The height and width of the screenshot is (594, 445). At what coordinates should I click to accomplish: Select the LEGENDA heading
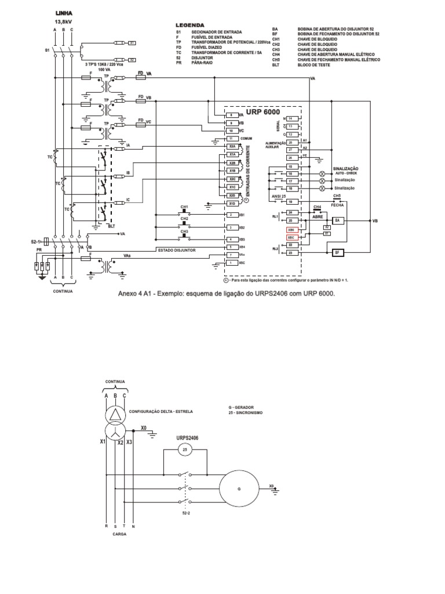click(x=189, y=26)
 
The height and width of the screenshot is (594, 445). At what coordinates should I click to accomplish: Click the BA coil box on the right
click(x=338, y=221)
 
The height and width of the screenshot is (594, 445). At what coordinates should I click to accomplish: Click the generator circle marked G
click(x=239, y=489)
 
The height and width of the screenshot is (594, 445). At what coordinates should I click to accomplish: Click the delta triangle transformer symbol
click(x=115, y=414)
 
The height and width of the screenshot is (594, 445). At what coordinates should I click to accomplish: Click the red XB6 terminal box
click(x=291, y=230)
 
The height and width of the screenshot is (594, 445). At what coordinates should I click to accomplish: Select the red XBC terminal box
click(x=291, y=238)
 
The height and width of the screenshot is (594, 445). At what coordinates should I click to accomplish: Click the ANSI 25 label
click(x=279, y=196)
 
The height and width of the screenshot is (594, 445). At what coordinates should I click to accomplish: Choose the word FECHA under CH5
click(x=337, y=205)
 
